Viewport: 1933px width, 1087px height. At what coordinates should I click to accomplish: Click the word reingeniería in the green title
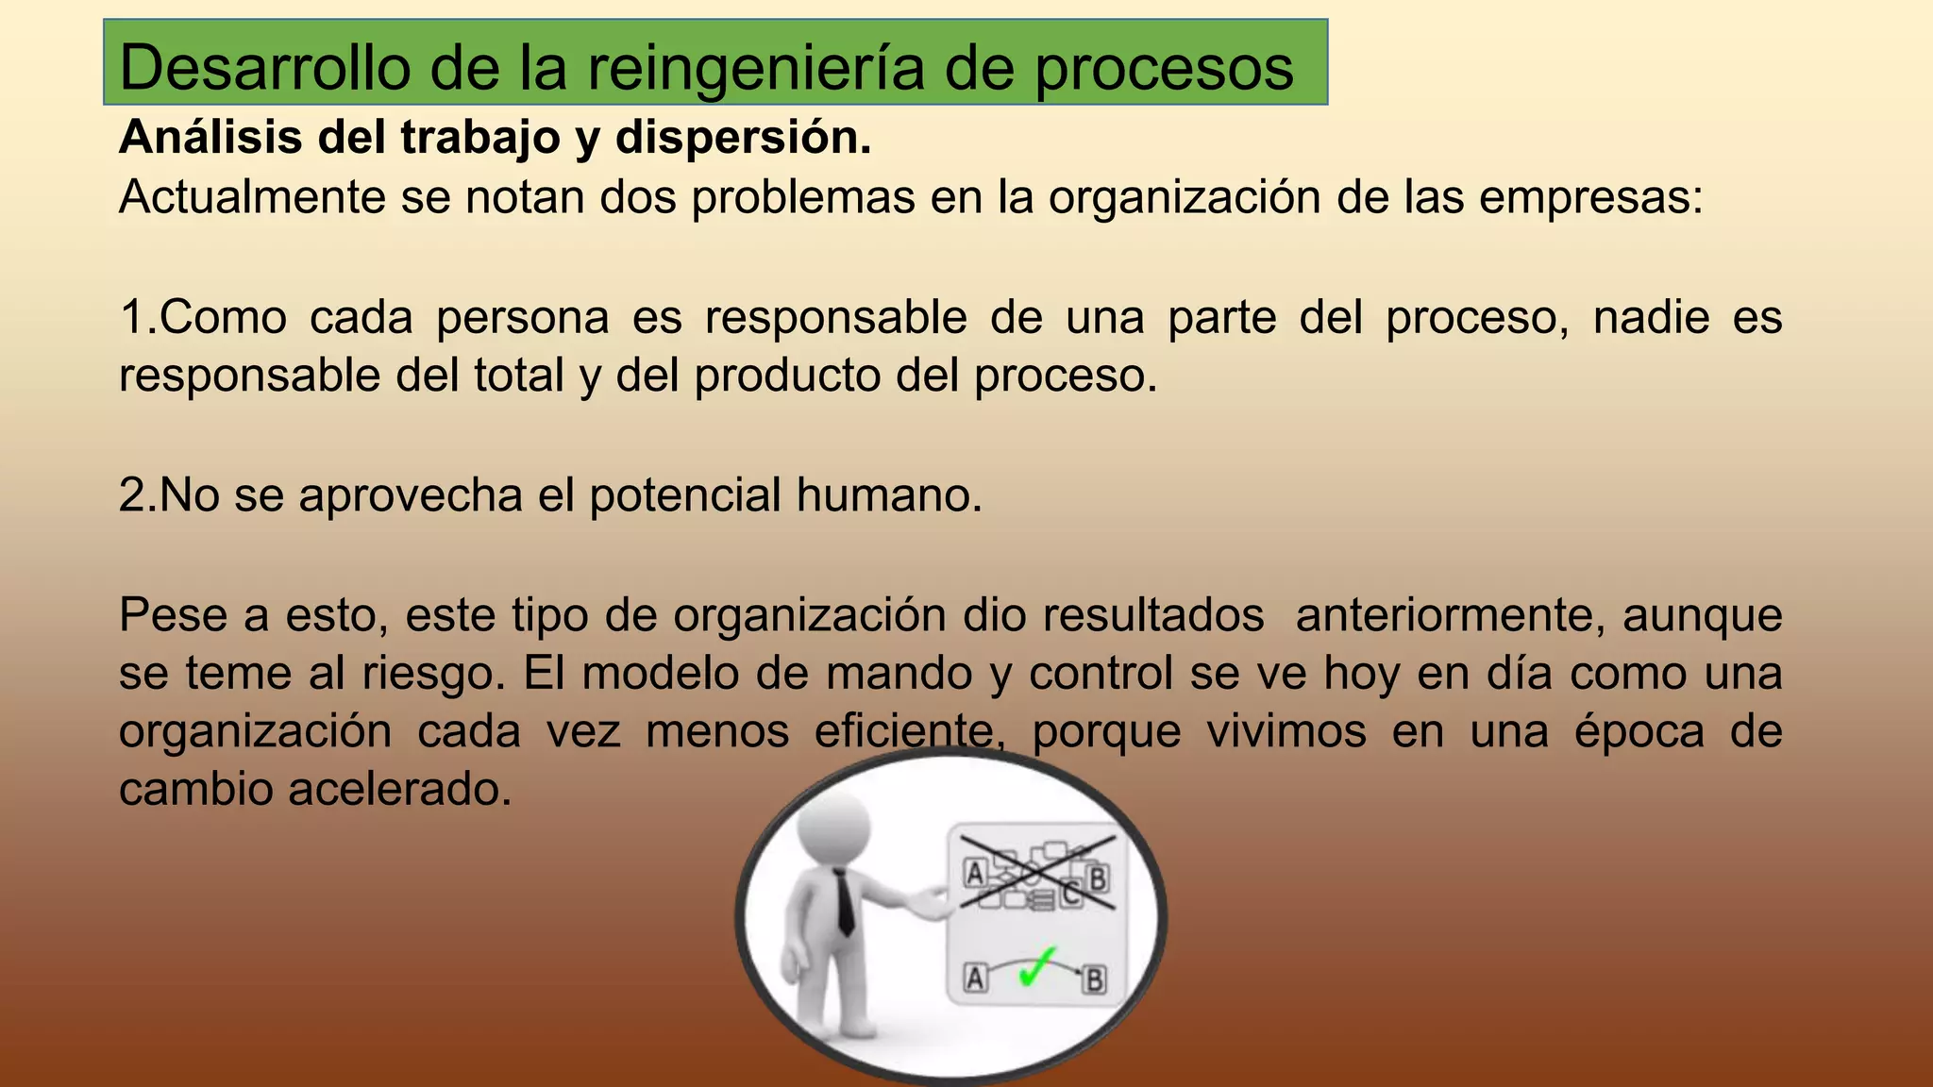(x=755, y=68)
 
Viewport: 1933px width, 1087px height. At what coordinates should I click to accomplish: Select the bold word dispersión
(x=743, y=138)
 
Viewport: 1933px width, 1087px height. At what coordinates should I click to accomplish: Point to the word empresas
(x=1589, y=197)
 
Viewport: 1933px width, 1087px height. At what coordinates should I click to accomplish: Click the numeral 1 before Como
(x=131, y=317)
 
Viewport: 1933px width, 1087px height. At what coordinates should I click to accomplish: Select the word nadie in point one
(x=1651, y=317)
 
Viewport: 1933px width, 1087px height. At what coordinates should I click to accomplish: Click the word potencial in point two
(x=685, y=495)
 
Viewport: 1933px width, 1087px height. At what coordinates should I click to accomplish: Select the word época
(x=1639, y=731)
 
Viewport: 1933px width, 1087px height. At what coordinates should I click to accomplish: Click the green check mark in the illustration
(x=1036, y=968)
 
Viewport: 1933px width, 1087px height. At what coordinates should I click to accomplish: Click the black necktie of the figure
(x=844, y=902)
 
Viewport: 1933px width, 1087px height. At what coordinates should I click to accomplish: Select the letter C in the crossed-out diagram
(x=1070, y=892)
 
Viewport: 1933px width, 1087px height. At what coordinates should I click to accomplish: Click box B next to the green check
(x=1094, y=979)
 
